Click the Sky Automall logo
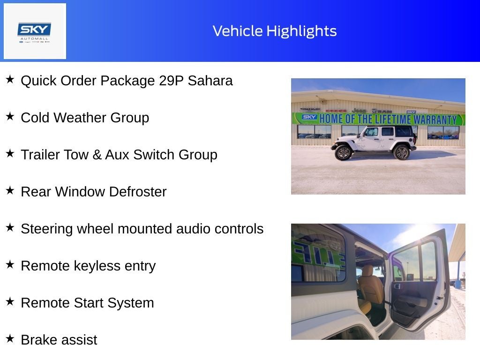35,31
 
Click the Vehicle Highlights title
275,31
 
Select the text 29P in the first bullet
171,81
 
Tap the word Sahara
210,81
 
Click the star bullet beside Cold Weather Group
10,117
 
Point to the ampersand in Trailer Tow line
97,155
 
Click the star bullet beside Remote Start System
10,302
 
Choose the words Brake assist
59,340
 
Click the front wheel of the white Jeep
344,152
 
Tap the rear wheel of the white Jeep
402,152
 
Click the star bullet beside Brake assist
10,339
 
